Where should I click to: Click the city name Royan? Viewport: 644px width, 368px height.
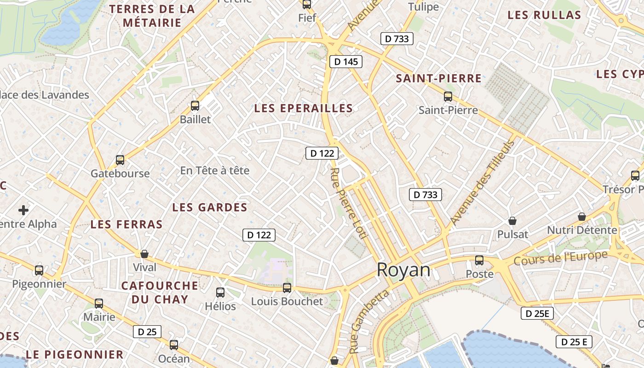403,270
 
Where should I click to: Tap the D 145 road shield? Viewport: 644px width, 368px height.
346,62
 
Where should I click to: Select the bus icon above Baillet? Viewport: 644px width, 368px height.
195,106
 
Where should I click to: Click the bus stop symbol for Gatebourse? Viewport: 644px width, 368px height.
120,160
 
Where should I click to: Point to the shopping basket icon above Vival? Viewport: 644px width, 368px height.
144,254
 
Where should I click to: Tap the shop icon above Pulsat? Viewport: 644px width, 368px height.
512,221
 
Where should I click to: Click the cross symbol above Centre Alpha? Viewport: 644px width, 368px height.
23,211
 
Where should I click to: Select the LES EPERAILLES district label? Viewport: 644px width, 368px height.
304,109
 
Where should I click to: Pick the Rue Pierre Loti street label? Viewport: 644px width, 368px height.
347,203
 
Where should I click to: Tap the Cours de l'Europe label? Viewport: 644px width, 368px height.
561,258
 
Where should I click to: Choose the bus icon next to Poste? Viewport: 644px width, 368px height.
479,260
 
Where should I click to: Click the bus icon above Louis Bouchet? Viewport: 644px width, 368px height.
287,288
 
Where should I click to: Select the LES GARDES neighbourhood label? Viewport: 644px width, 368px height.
210,207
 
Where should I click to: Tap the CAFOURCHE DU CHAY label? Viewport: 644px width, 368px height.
160,292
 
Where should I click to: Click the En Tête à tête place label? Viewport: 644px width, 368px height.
215,171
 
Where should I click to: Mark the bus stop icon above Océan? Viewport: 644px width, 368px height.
173,345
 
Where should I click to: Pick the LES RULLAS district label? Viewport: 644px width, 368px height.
544,15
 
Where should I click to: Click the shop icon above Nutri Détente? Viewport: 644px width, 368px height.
582,217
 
